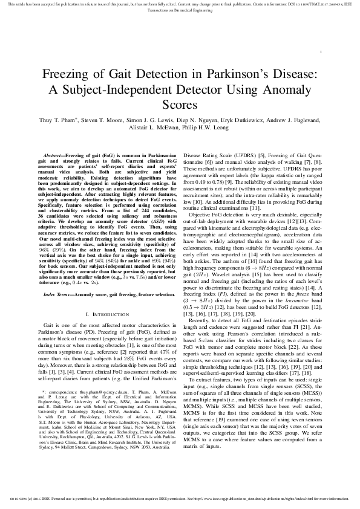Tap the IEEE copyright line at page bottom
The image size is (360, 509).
[x=180, y=499]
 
